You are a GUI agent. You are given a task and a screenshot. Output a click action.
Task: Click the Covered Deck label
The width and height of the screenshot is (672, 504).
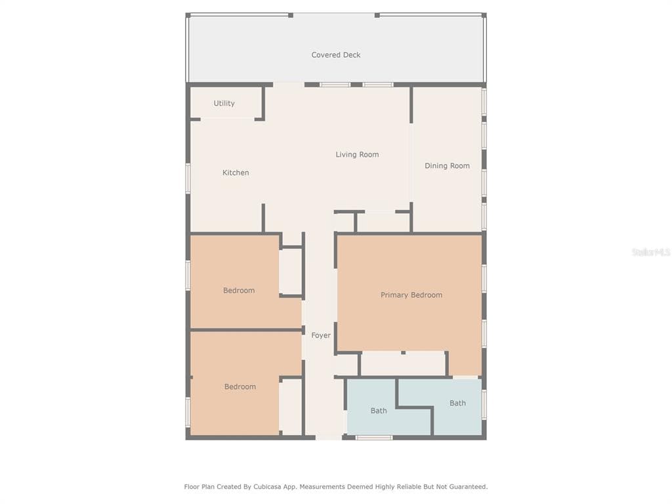click(335, 55)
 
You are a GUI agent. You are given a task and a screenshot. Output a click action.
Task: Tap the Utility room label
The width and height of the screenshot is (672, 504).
click(224, 103)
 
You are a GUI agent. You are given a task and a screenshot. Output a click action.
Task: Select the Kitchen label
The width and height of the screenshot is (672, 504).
click(236, 173)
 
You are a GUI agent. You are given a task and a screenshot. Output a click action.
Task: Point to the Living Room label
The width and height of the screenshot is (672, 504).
click(357, 155)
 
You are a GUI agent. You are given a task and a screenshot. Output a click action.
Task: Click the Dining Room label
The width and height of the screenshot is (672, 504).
click(447, 166)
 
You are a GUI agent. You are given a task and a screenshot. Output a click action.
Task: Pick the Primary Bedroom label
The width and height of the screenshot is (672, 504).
click(411, 295)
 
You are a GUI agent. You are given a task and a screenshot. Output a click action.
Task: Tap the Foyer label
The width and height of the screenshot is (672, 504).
click(320, 335)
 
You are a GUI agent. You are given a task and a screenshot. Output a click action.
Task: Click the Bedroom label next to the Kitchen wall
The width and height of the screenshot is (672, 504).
click(239, 291)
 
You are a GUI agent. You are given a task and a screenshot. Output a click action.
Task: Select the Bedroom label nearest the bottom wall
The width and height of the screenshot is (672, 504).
click(240, 387)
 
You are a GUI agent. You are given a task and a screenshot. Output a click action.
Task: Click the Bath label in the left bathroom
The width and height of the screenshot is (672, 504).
click(379, 411)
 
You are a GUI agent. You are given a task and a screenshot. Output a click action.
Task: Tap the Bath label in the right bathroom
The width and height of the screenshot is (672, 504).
click(457, 403)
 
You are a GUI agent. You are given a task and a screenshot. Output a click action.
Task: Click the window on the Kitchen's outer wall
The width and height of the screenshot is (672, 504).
click(188, 178)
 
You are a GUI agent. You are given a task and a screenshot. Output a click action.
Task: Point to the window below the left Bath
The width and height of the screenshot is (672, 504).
click(373, 438)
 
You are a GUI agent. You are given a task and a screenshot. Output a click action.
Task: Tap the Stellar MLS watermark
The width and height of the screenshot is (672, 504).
click(651, 252)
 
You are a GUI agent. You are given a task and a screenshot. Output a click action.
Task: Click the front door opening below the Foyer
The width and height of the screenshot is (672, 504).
click(329, 438)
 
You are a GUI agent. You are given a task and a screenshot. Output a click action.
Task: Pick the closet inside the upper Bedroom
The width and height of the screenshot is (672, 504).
click(291, 272)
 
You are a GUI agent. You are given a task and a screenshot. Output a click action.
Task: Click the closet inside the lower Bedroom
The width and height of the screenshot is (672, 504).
click(291, 407)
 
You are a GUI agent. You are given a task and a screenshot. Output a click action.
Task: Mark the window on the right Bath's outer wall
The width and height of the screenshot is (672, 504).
click(484, 405)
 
